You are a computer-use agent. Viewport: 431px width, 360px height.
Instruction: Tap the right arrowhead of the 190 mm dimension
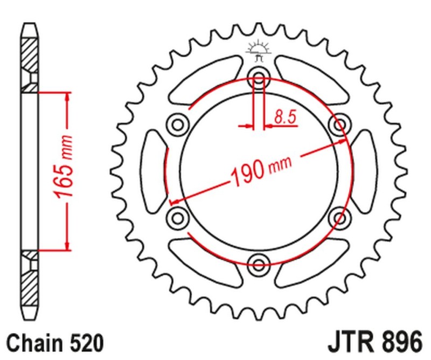click(x=345, y=141)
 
